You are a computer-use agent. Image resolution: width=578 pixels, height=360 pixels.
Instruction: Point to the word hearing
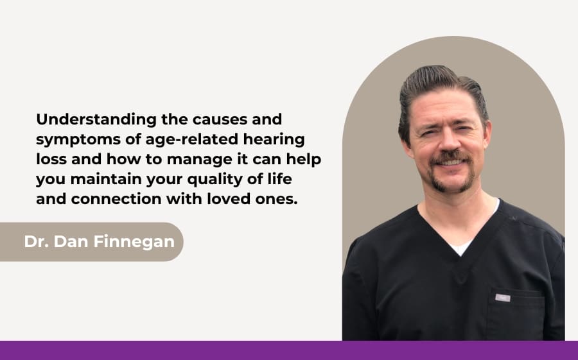point(274,141)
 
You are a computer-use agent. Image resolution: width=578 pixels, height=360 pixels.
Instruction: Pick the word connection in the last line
point(116,200)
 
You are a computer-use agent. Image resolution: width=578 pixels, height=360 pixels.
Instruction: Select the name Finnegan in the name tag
point(134,242)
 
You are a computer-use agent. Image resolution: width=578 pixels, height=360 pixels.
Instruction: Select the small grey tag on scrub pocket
point(502,298)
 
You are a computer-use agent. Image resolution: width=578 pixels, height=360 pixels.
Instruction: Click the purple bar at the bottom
point(289,350)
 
